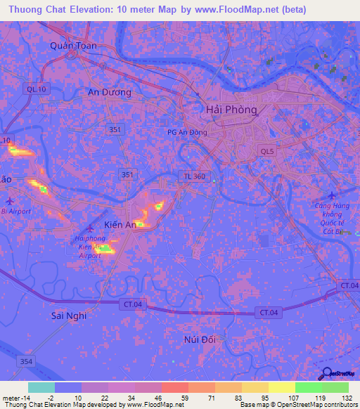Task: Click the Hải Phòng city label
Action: click(x=231, y=110)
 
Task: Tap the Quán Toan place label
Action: click(x=73, y=45)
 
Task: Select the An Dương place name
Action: click(x=109, y=92)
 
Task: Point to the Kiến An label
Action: click(x=120, y=224)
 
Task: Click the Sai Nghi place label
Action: click(x=69, y=316)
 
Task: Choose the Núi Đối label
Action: click(x=198, y=339)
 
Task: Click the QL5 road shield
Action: click(x=267, y=150)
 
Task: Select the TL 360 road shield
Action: click(x=195, y=176)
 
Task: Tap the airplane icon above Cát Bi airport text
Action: click(x=333, y=195)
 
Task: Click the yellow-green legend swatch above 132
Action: click(x=335, y=387)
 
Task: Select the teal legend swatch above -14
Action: click(x=41, y=387)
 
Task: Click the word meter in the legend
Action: click(x=12, y=396)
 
